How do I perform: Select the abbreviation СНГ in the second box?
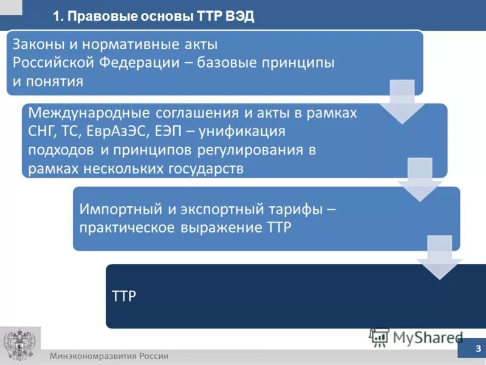(x=43, y=131)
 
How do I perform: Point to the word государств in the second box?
(x=208, y=169)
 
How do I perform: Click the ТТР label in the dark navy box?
(x=125, y=296)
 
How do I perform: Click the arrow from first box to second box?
(x=402, y=102)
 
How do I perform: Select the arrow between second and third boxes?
(x=419, y=180)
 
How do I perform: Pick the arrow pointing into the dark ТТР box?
(x=439, y=257)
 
